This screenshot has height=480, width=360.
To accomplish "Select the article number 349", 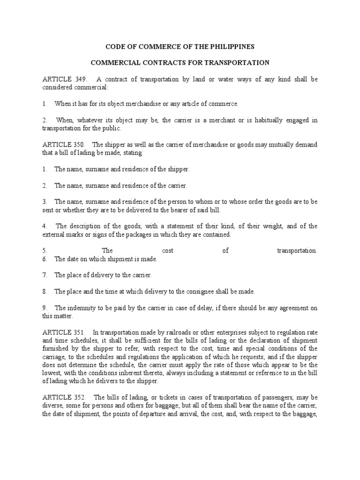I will tap(76, 79).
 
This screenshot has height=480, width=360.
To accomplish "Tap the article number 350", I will tap(76, 144).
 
